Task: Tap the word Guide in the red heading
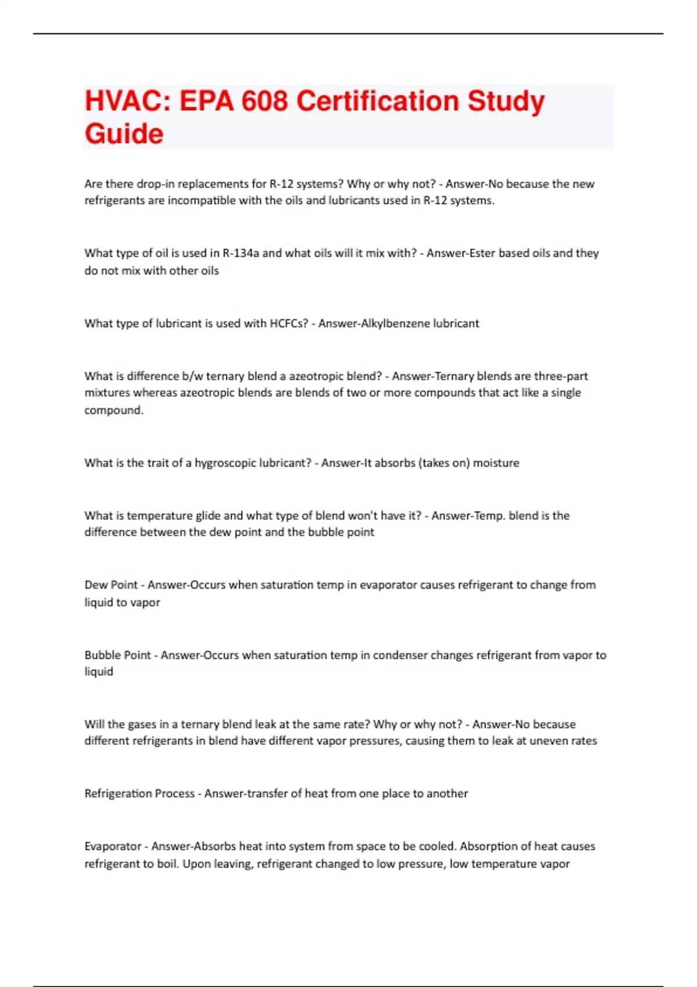pos(124,134)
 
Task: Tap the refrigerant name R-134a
pos(241,253)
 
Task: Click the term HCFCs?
pos(289,323)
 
